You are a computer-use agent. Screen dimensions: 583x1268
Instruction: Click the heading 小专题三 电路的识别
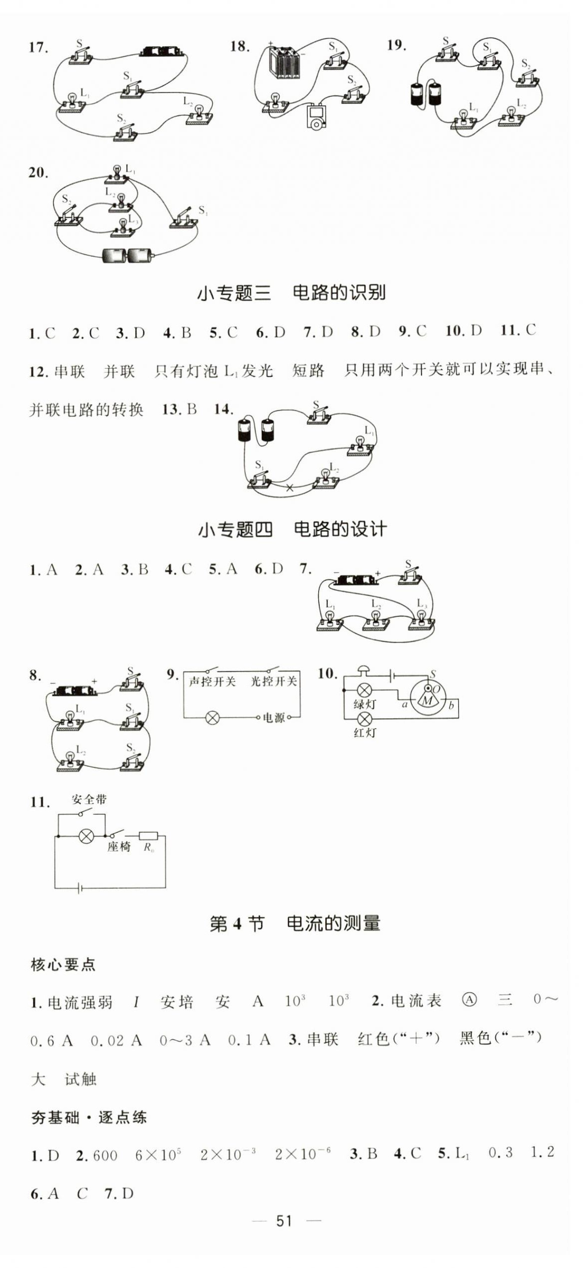pyautogui.click(x=291, y=293)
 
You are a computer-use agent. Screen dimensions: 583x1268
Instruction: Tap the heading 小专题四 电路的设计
pyautogui.click(x=292, y=529)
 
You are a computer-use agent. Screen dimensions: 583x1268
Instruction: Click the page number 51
pyautogui.click(x=284, y=1221)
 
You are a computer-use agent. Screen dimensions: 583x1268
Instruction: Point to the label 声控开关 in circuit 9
pyautogui.click(x=212, y=681)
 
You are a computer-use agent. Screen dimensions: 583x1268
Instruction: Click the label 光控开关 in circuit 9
pyautogui.click(x=273, y=681)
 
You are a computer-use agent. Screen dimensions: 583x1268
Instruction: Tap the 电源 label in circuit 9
pyautogui.click(x=274, y=718)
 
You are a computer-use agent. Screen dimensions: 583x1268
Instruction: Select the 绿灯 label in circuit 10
pyautogui.click(x=364, y=704)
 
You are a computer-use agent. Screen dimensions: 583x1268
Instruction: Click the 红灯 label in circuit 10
pyautogui.click(x=365, y=733)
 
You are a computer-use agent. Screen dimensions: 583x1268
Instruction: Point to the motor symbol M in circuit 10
pyautogui.click(x=428, y=700)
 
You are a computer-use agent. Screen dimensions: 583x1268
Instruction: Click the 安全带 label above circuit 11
pyautogui.click(x=89, y=799)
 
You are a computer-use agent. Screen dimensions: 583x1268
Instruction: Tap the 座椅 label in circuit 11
pyautogui.click(x=119, y=846)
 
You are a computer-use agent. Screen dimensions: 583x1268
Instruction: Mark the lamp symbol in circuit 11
pyautogui.click(x=86, y=836)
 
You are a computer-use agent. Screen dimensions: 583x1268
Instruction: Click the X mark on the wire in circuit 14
pyautogui.click(x=289, y=488)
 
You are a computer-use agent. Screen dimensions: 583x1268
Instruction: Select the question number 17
pyautogui.click(x=38, y=47)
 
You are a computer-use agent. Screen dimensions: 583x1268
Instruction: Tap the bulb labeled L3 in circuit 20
pyautogui.click(x=121, y=225)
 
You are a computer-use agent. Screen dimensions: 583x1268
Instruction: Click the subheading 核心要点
pyautogui.click(x=63, y=964)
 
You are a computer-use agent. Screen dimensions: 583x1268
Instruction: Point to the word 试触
pyautogui.click(x=80, y=1079)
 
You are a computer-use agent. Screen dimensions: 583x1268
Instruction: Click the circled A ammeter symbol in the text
pyautogui.click(x=469, y=999)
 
